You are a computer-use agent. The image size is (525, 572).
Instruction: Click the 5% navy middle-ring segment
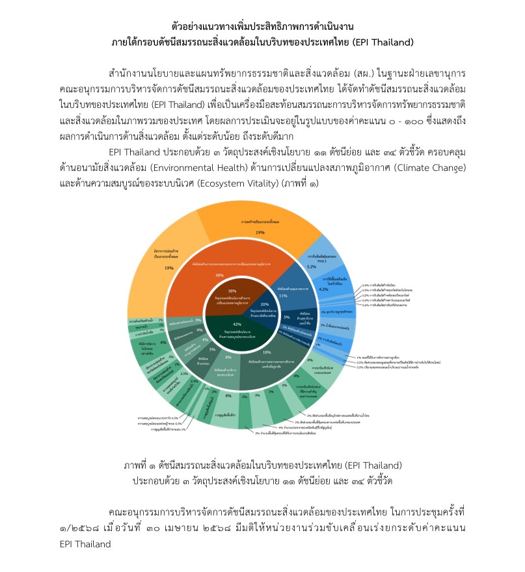(288, 317)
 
